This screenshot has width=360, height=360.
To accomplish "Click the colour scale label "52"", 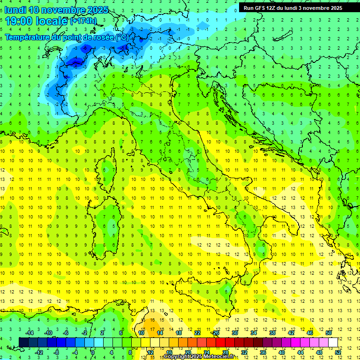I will tap(338, 352).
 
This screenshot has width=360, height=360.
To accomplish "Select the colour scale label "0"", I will tap(92, 352).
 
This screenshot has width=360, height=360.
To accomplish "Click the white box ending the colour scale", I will tap(333, 342).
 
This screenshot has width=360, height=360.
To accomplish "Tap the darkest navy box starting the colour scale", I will tap(23, 342).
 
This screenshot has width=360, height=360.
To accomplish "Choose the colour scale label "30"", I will tap(234, 333).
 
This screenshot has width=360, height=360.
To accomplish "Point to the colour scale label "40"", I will tap(282, 352).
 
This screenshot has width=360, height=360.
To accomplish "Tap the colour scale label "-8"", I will tap(56, 352).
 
